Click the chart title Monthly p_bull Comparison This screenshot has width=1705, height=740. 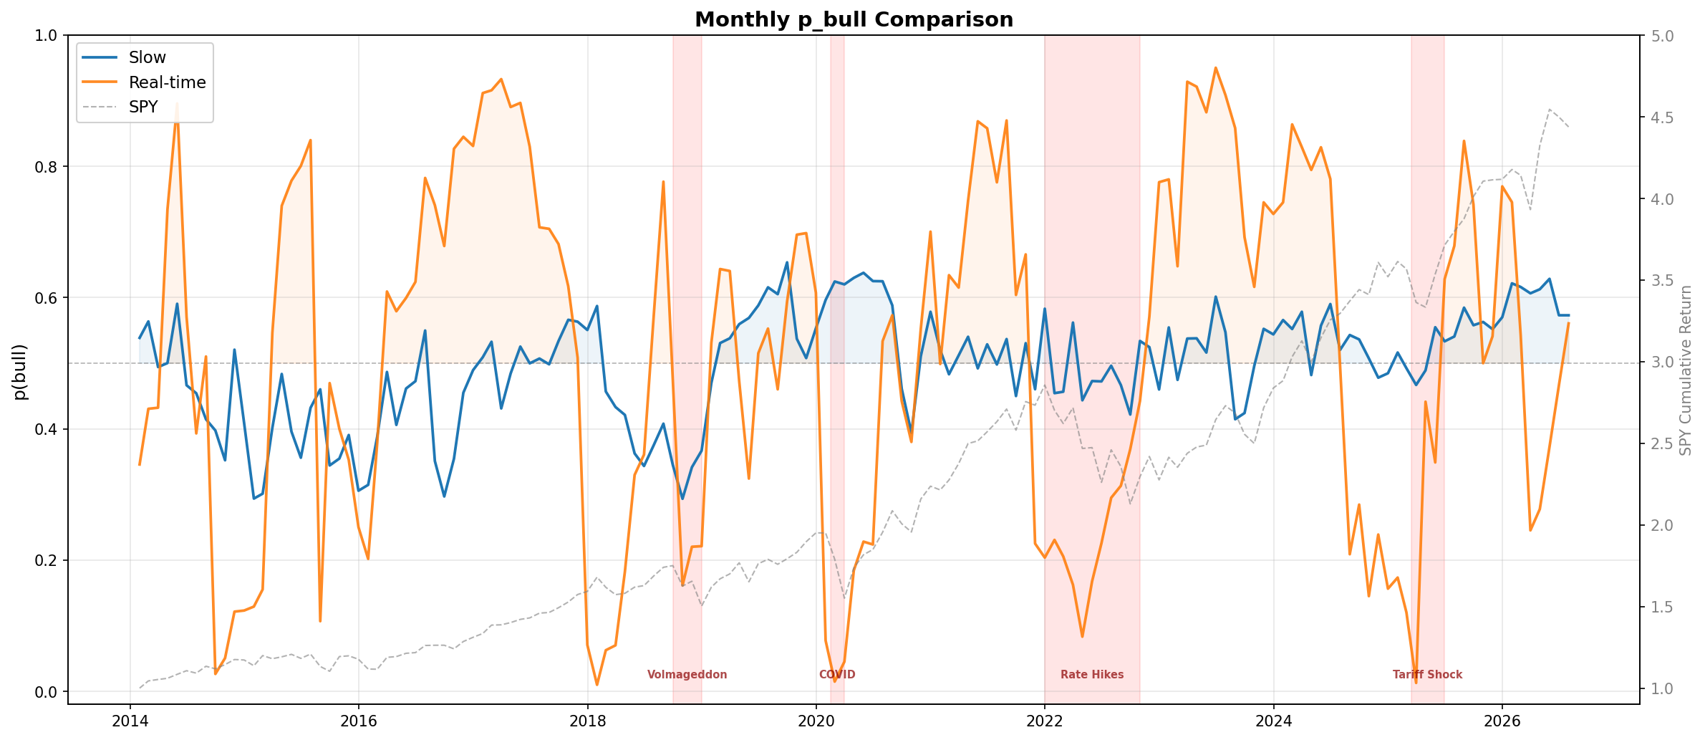pos(854,19)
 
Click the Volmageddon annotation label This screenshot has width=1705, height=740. pos(687,675)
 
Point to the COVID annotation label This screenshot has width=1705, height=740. pos(837,675)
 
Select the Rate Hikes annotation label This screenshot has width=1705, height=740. pos(1092,675)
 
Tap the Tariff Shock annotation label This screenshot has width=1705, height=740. pos(1427,675)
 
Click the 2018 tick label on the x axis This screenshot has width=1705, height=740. pos(588,721)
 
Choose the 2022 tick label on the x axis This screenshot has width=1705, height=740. pos(1045,721)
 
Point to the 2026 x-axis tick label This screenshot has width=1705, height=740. pos(1502,721)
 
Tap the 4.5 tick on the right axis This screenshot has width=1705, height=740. pos(1659,117)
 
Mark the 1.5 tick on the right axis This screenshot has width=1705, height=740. pos(1659,607)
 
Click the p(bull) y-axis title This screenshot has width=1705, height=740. pos(20,372)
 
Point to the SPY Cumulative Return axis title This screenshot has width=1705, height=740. pos(1686,370)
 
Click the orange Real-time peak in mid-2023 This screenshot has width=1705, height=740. pos(1215,68)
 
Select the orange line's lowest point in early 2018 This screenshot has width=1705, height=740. pos(596,685)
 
